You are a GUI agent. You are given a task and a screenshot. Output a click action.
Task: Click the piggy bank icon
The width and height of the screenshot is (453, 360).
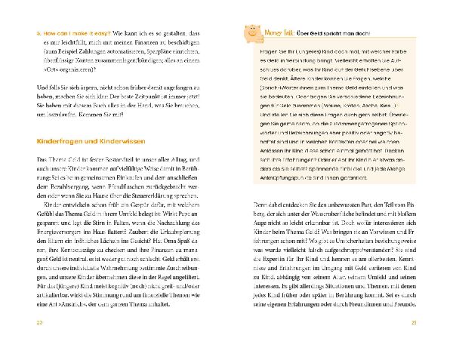tap(252, 33)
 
